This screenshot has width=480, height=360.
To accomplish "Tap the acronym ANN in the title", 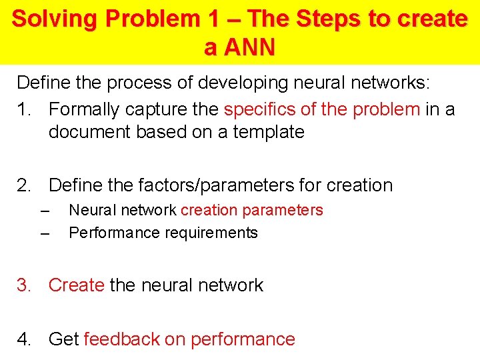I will tap(249, 47).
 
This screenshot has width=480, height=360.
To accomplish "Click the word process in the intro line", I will tap(127, 83).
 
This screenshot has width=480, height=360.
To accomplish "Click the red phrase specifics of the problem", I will tap(322, 109).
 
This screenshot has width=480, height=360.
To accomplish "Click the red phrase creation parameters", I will tap(252, 210).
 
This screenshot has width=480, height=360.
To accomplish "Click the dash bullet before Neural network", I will tap(45, 211).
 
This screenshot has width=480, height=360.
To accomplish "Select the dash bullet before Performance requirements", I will tap(45, 234).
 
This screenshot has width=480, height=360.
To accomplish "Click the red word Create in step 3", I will tap(76, 285).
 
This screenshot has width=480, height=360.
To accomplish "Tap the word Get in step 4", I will tap(64, 339).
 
